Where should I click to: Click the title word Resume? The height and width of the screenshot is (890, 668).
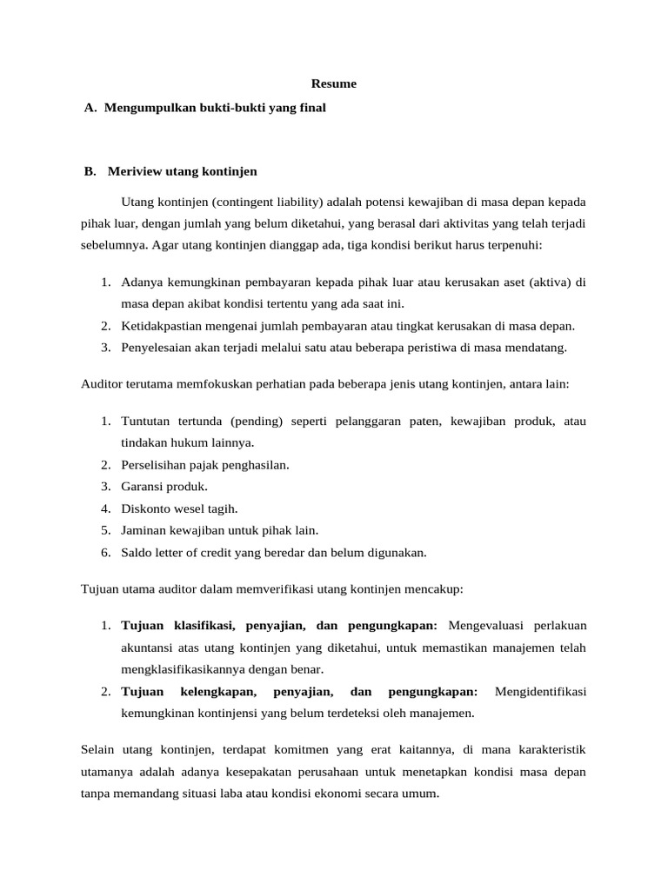[335, 84]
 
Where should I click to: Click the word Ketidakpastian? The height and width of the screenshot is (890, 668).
[163, 326]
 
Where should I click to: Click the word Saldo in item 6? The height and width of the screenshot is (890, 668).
[137, 551]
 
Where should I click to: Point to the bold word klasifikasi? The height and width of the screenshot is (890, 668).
[205, 626]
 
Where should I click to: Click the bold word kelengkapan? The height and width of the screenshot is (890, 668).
[218, 692]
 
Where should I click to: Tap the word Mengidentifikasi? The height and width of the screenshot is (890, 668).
[540, 692]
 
